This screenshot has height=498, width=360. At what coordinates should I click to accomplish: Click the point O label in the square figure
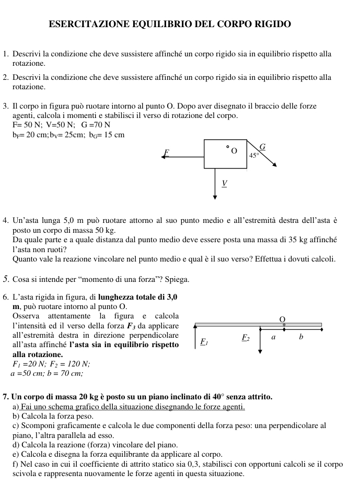click(x=234, y=151)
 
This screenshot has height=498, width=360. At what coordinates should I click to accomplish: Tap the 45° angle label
click(x=254, y=155)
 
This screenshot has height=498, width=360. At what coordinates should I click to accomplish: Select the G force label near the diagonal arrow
click(x=262, y=147)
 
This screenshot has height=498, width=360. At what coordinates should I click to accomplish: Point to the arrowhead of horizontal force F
click(x=164, y=156)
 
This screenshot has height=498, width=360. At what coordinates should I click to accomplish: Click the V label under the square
click(x=224, y=183)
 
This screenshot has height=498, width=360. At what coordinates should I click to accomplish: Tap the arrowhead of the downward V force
click(x=215, y=197)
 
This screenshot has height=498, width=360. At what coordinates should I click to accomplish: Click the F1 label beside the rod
click(x=204, y=342)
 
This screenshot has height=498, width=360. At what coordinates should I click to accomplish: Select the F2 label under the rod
click(x=245, y=338)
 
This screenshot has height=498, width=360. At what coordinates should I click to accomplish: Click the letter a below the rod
click(x=273, y=337)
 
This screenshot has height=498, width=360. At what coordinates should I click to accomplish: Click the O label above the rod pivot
click(x=283, y=319)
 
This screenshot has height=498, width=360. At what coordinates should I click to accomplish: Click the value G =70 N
click(x=96, y=125)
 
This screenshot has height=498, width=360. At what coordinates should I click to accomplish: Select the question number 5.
click(x=5, y=279)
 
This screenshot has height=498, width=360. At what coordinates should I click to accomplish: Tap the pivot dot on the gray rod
click(x=284, y=325)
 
